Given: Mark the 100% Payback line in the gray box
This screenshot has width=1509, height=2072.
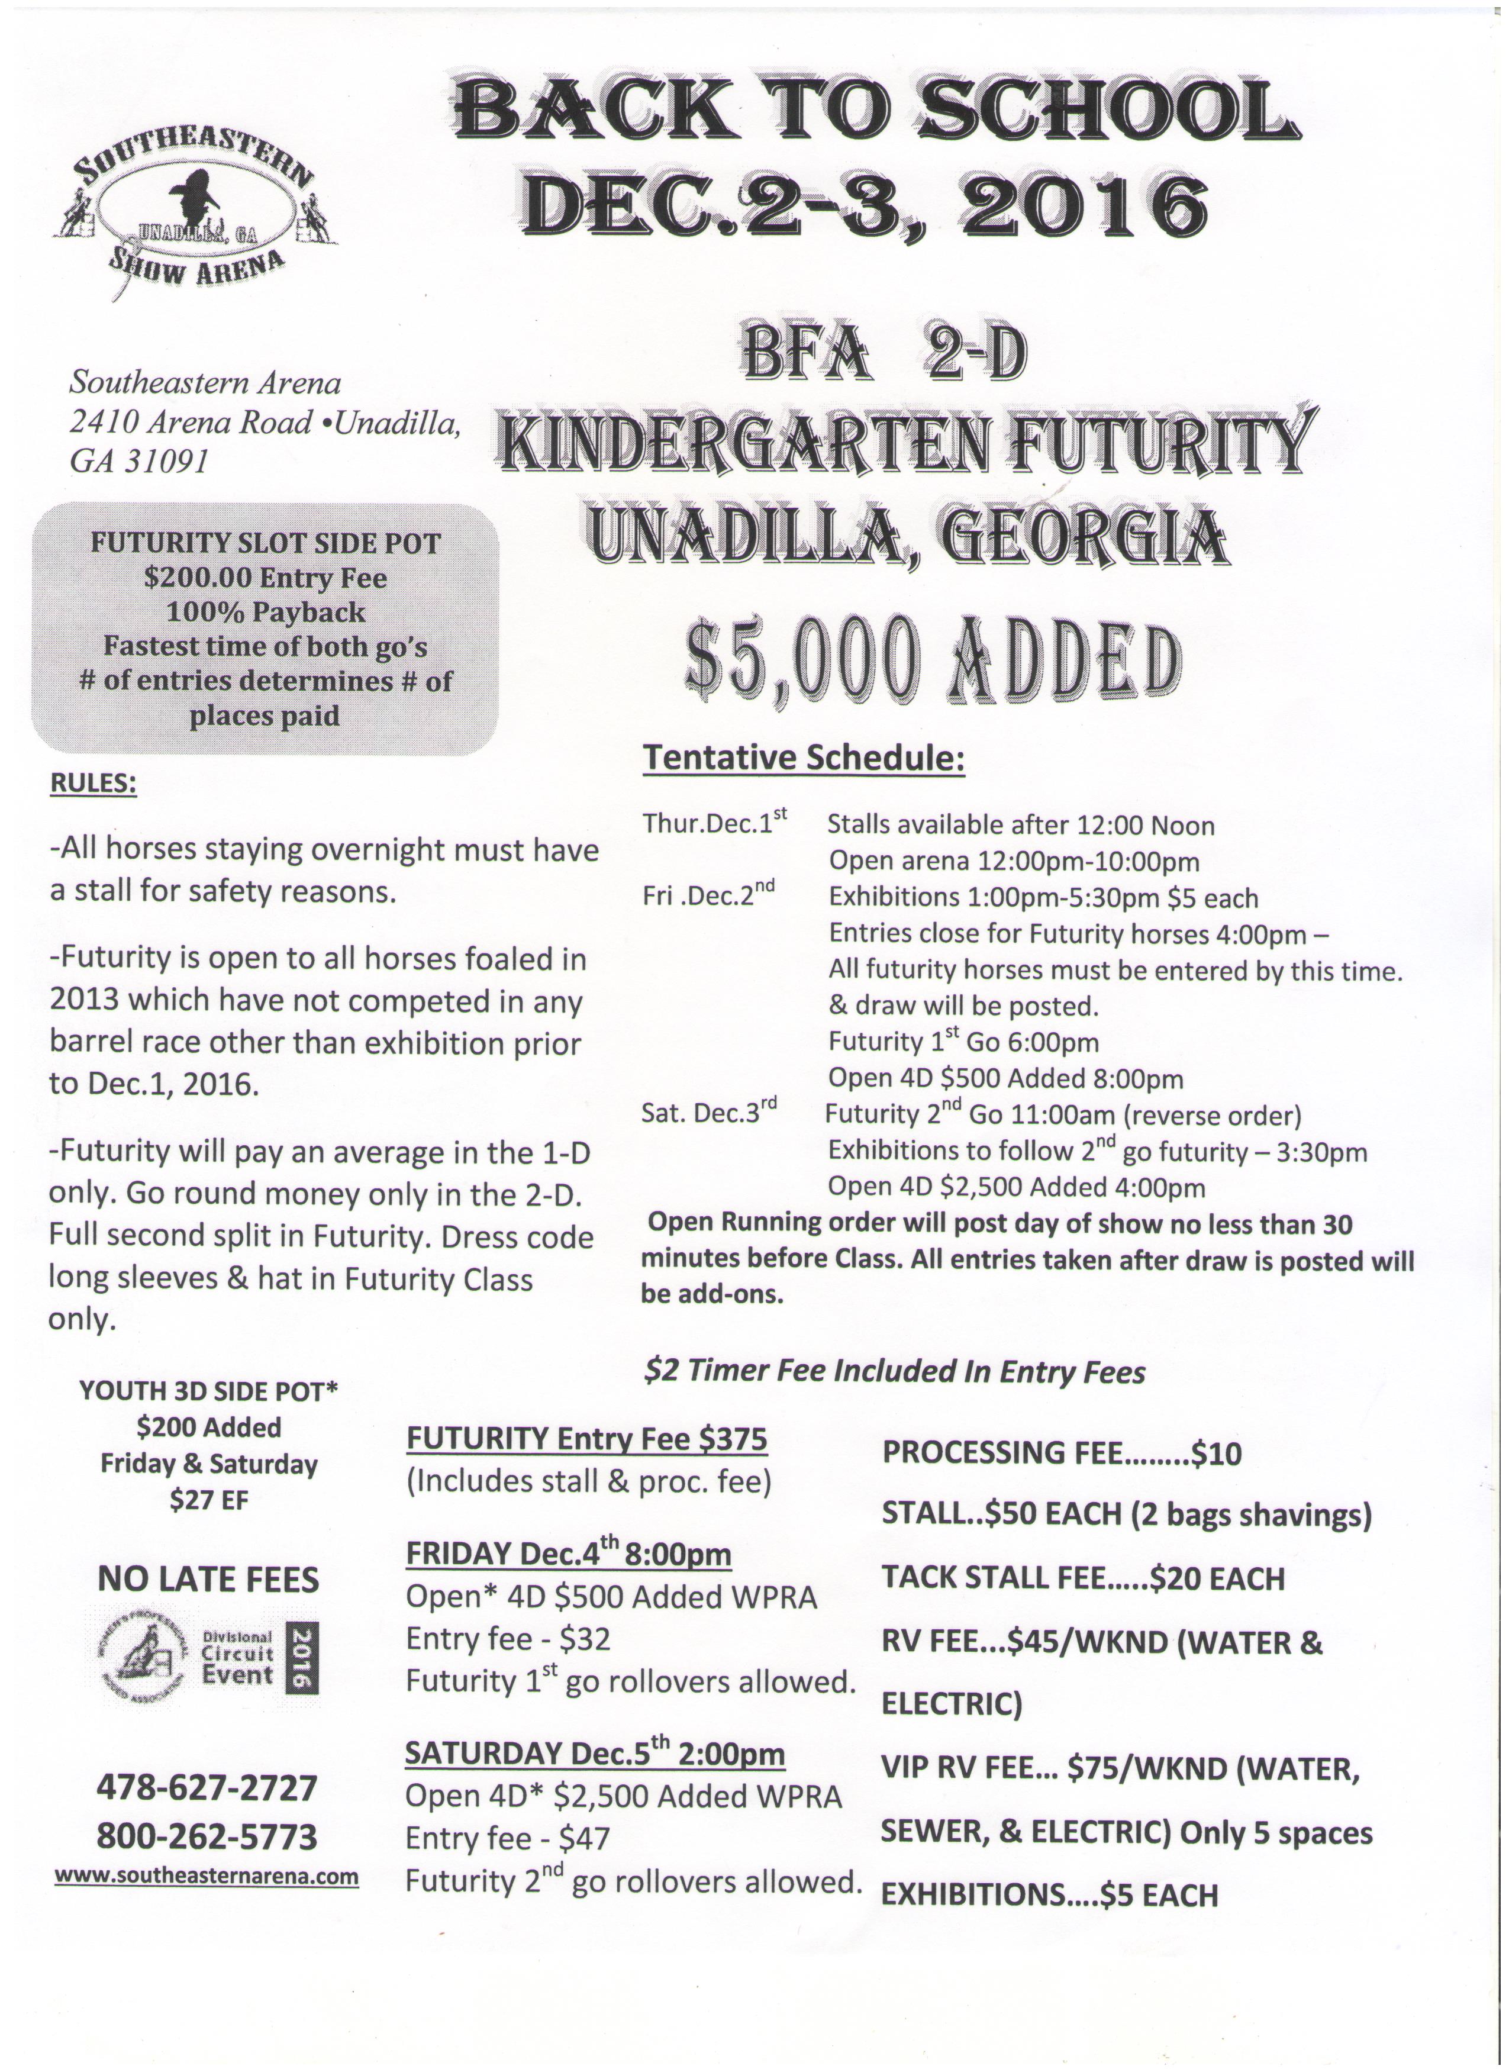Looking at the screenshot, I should point(265,611).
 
